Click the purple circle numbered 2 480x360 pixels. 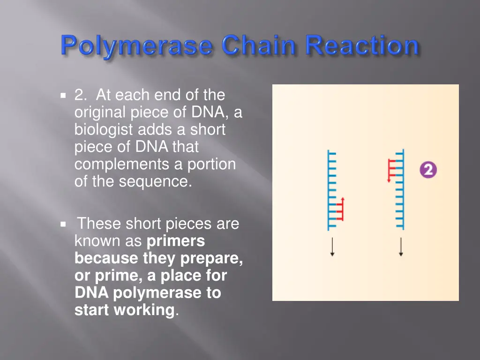point(427,169)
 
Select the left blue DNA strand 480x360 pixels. point(330,190)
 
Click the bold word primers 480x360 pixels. point(176,241)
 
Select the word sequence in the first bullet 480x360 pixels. point(155,181)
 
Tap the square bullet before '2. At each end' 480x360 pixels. point(63,96)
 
